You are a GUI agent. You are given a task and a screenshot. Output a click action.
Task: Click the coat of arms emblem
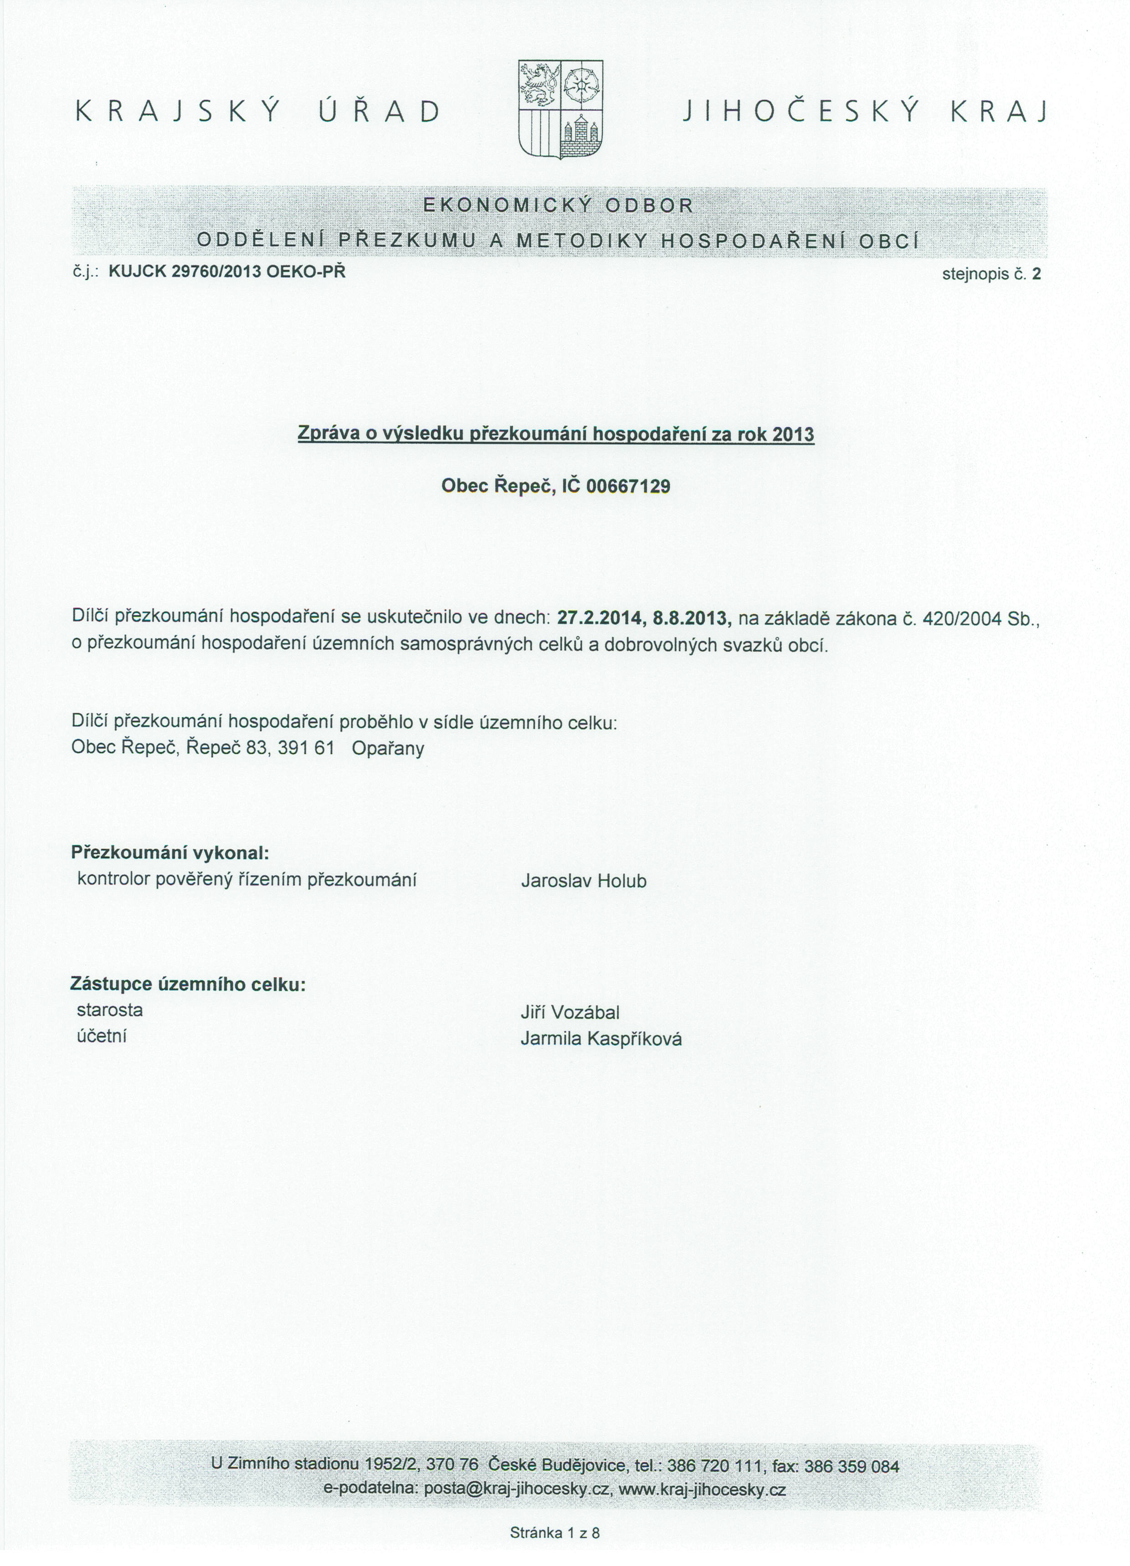pyautogui.click(x=560, y=109)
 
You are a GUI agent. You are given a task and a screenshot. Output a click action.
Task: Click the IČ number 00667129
pyautogui.click(x=628, y=487)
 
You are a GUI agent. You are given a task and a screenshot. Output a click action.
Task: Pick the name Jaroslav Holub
pyautogui.click(x=584, y=881)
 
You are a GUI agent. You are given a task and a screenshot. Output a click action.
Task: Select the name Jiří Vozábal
pyautogui.click(x=570, y=1012)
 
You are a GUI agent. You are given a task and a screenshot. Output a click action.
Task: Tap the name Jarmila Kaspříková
pyautogui.click(x=601, y=1039)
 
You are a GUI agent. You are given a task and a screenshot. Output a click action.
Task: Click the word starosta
pyautogui.click(x=110, y=1010)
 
